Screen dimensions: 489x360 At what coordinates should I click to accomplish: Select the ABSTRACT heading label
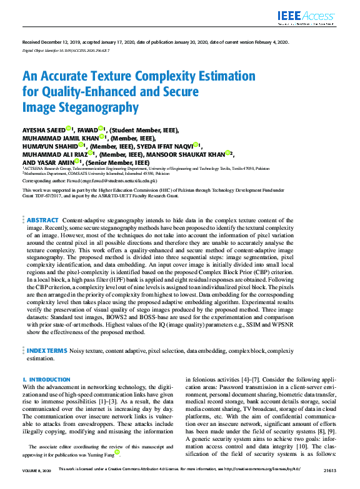pos(43,220)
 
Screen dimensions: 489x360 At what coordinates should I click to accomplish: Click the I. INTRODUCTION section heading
pos(47,380)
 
